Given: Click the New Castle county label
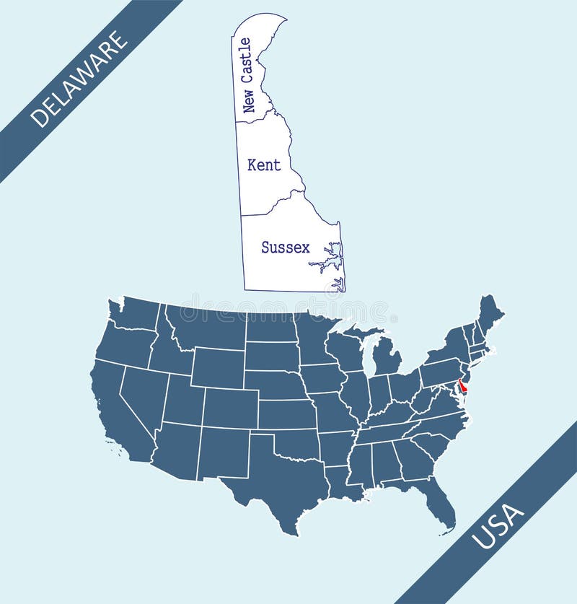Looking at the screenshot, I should (x=247, y=76).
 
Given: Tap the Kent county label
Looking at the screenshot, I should (x=264, y=165).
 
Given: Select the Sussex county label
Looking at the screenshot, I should (x=286, y=248).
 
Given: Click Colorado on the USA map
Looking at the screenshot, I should (x=230, y=408).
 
